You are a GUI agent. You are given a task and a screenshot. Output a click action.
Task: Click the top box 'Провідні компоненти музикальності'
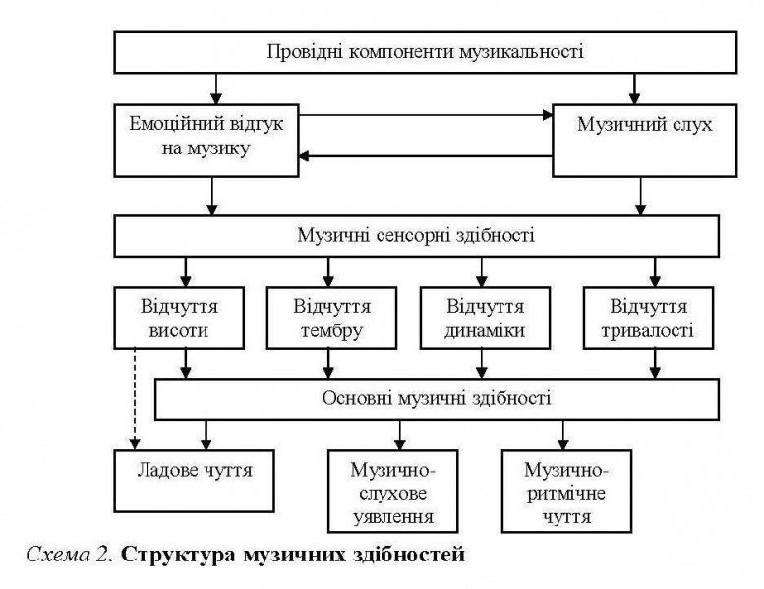click(x=425, y=52)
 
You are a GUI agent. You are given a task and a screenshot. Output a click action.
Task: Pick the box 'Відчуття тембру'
click(x=329, y=319)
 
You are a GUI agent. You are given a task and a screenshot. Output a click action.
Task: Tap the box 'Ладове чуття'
click(x=192, y=480)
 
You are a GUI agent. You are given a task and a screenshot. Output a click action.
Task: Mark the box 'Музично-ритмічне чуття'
click(x=562, y=489)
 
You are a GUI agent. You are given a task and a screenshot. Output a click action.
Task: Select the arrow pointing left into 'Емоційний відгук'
click(x=423, y=156)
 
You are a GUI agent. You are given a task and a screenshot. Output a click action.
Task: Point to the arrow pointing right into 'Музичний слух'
click(x=423, y=115)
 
